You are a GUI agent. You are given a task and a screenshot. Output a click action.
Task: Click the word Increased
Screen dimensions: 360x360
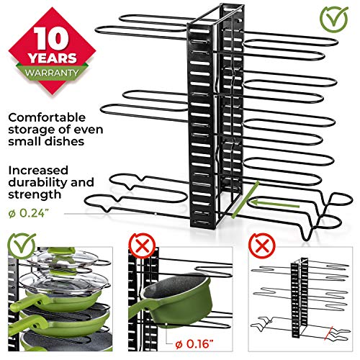[43, 169]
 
